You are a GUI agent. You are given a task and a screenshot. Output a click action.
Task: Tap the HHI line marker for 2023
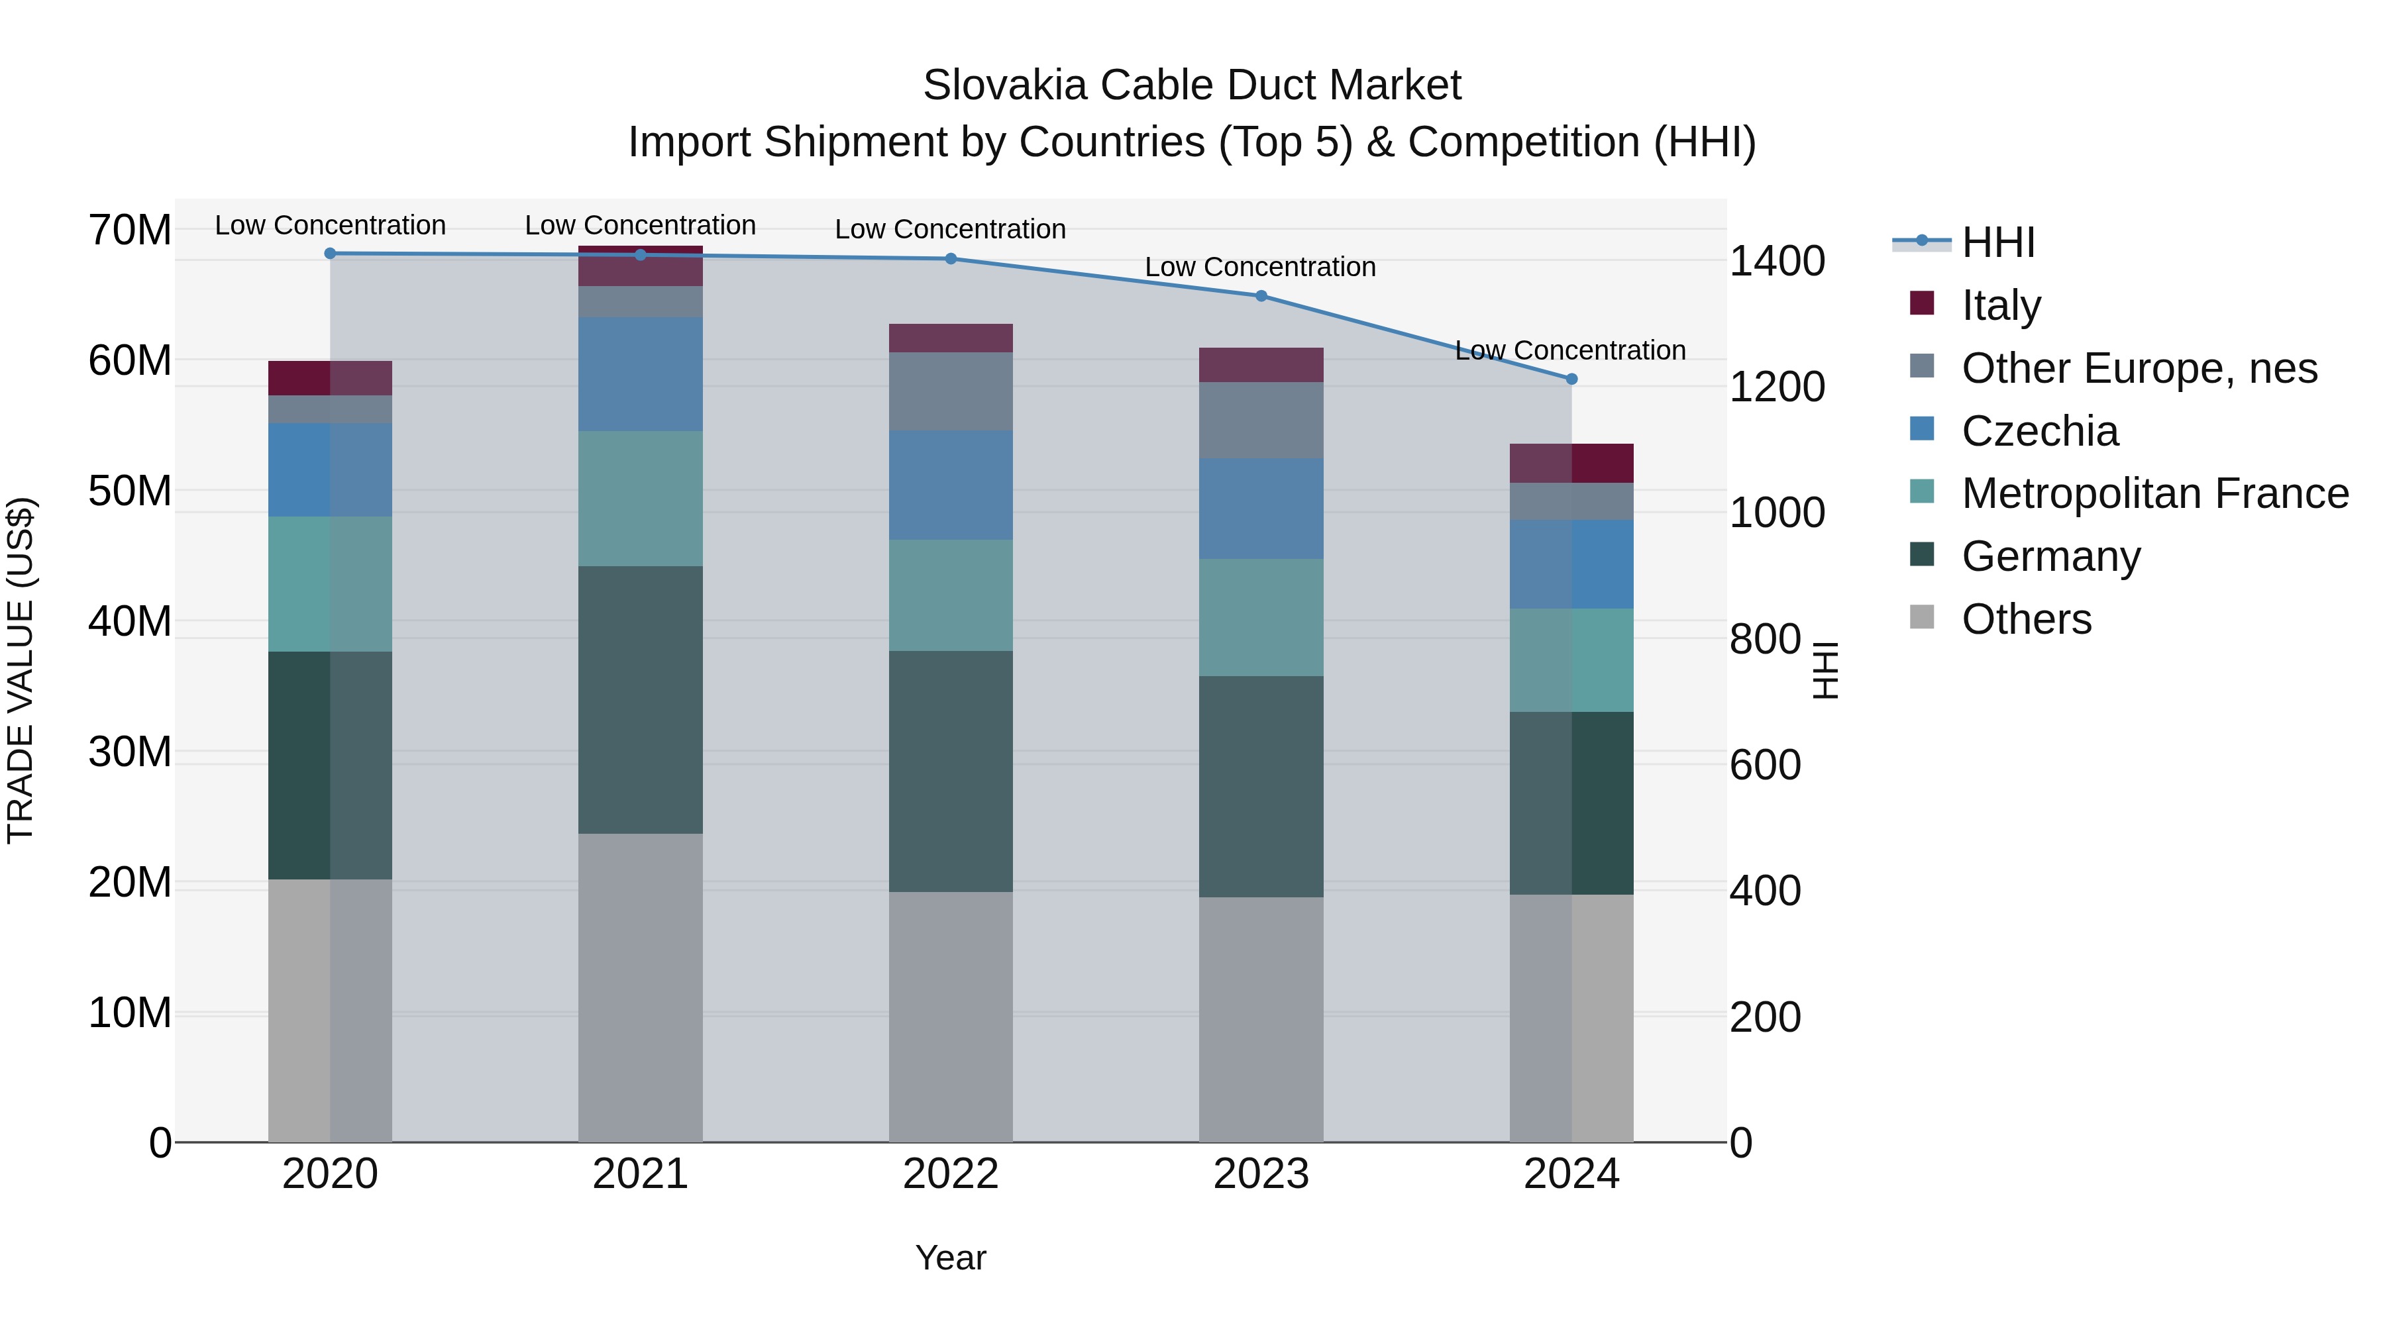click(1260, 296)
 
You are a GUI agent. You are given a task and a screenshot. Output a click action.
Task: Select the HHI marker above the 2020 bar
click(331, 254)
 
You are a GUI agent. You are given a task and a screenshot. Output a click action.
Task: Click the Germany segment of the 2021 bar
click(640, 700)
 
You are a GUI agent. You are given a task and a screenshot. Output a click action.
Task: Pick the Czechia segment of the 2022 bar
click(950, 485)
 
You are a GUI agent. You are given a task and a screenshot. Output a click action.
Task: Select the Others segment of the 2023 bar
click(1260, 1018)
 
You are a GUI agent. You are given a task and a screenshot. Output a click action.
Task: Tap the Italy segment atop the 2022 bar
click(950, 338)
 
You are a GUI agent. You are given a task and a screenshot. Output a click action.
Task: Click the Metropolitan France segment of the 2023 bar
click(1260, 617)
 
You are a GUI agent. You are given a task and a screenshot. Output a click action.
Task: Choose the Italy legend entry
click(2000, 305)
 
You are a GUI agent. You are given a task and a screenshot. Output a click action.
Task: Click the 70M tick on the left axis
click(130, 230)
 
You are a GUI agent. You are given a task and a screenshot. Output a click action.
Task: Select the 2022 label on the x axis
click(950, 1174)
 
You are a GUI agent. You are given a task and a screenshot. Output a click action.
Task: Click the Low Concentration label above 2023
click(1260, 266)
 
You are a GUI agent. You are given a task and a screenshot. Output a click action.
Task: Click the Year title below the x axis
click(950, 1258)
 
